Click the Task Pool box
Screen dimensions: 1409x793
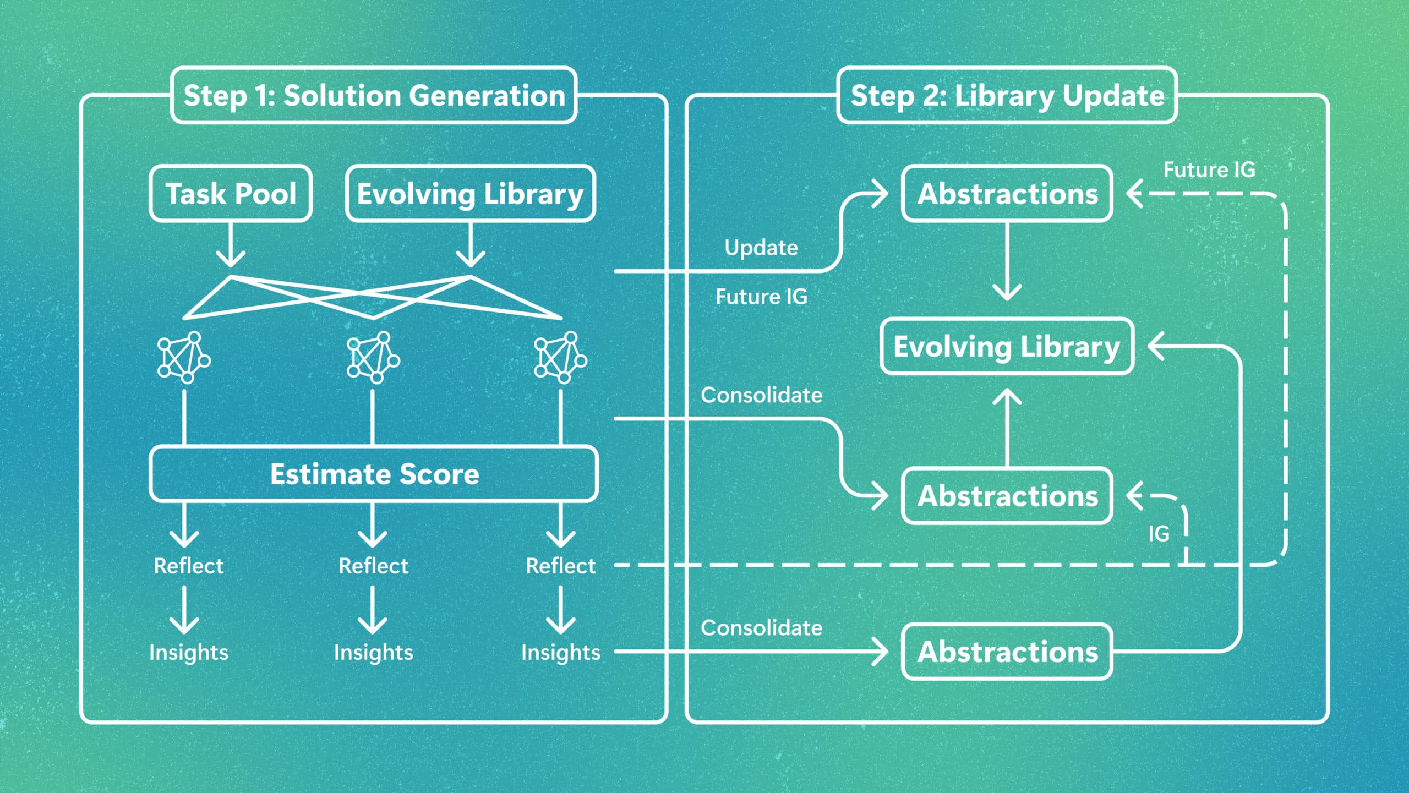point(231,194)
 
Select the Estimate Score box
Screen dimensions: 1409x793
point(374,474)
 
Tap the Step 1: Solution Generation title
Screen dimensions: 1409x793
point(374,95)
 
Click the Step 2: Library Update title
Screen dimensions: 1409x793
point(1007,95)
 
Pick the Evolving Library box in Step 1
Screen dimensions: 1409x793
point(471,194)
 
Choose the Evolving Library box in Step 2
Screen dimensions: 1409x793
point(1007,346)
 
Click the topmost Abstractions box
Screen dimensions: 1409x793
point(1007,194)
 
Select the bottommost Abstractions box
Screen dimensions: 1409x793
point(1007,652)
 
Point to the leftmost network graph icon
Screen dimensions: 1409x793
point(184,357)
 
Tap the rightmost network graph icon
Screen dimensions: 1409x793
point(560,357)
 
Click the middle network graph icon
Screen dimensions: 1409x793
point(373,357)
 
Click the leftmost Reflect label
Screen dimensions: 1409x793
point(188,566)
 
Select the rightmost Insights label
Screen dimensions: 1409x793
point(560,652)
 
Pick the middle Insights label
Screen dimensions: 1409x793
point(373,652)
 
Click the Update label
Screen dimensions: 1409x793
point(761,248)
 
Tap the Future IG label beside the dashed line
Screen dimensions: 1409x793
point(1209,169)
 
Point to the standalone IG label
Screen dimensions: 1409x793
point(1159,533)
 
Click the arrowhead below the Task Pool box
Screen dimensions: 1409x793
point(231,258)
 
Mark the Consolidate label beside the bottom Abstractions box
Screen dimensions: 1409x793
point(761,628)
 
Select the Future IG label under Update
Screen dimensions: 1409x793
point(761,297)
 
